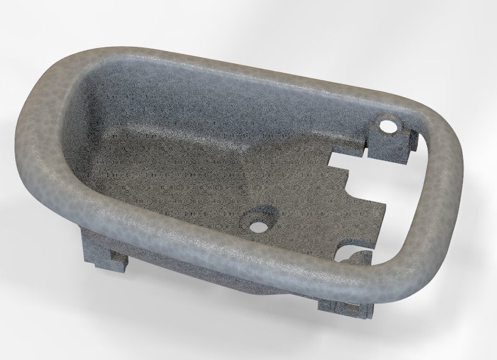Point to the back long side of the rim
[243, 61]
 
